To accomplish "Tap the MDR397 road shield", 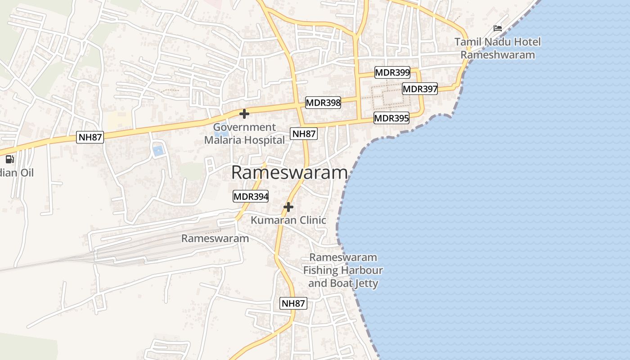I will tap(420, 89).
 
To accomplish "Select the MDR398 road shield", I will tap(323, 103).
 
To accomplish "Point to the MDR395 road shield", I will tap(391, 118).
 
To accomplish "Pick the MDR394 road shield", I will tap(251, 196).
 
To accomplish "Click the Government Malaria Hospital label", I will tap(244, 134).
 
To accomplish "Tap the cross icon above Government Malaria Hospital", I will tap(244, 114).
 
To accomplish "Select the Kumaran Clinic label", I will tap(288, 220).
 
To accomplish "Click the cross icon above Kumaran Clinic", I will tap(288, 207).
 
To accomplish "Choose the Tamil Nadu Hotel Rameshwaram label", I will tap(498, 48).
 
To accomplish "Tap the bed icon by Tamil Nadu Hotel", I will tap(498, 28).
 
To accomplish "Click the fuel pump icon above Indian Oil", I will tap(9, 159).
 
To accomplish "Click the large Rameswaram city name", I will tap(289, 172).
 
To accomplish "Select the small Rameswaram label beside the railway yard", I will tap(215, 238).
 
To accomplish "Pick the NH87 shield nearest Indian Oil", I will tap(90, 137).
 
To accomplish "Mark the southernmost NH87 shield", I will tap(293, 303).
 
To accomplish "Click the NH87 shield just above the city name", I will tap(304, 133).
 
